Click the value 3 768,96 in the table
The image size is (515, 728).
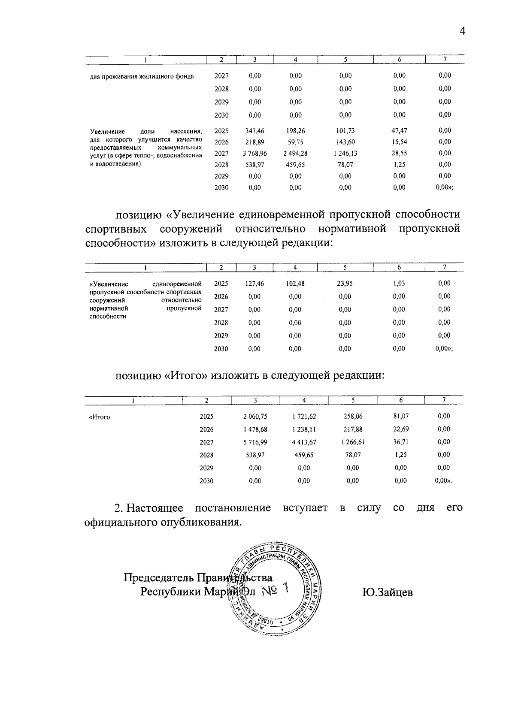pyautogui.click(x=254, y=154)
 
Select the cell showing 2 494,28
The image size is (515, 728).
pyautogui.click(x=295, y=154)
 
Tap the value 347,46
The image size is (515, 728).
pyautogui.click(x=254, y=131)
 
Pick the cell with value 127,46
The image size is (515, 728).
pyautogui.click(x=254, y=284)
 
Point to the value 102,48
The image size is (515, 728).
pyautogui.click(x=295, y=284)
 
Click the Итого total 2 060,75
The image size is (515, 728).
pyautogui.click(x=255, y=416)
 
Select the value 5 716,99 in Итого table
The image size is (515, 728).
pyautogui.click(x=255, y=442)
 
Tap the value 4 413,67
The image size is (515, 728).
pyautogui.click(x=303, y=442)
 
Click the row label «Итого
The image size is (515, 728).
pyautogui.click(x=99, y=417)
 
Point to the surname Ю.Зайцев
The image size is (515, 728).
pyautogui.click(x=387, y=592)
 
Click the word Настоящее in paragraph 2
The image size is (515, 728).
pyautogui.click(x=155, y=508)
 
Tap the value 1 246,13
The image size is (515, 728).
pyautogui.click(x=345, y=154)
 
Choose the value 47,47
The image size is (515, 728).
pyautogui.click(x=400, y=131)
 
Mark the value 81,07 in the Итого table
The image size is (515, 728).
pyautogui.click(x=401, y=416)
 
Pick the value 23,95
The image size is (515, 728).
pyautogui.click(x=345, y=284)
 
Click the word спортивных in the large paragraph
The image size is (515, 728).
pyautogui.click(x=116, y=229)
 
